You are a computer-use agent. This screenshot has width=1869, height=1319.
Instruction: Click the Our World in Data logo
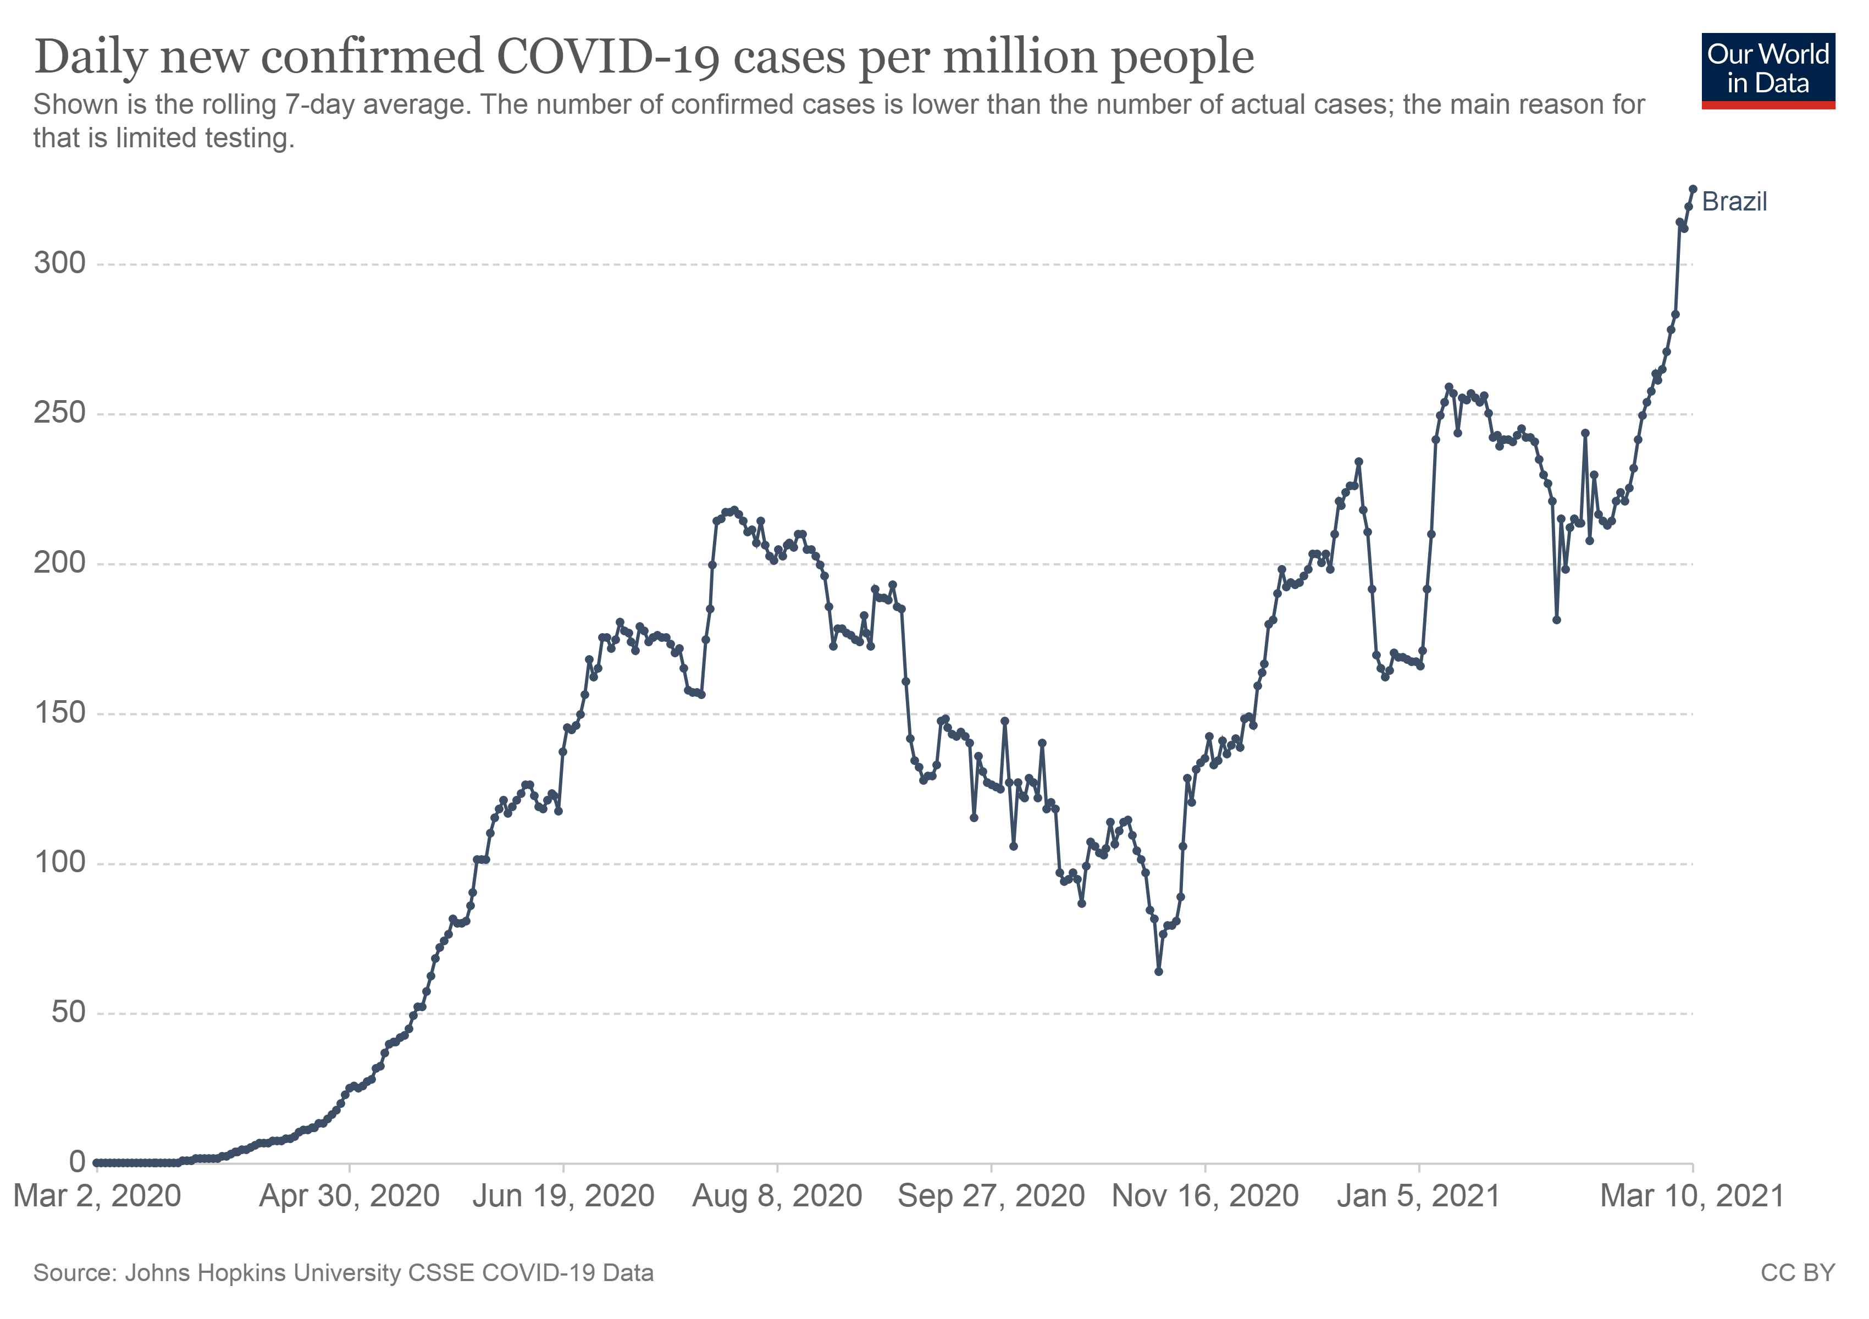click(x=1767, y=70)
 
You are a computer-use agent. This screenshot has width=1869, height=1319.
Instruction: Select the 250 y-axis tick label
click(x=59, y=413)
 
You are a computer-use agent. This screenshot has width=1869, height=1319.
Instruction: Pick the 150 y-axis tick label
click(x=59, y=713)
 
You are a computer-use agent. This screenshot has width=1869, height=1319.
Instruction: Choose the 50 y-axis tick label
click(x=68, y=1012)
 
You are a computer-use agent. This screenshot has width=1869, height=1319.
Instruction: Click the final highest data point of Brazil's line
click(x=1693, y=189)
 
